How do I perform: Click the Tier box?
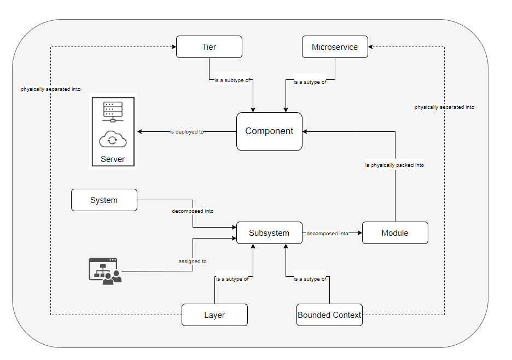tap(209, 47)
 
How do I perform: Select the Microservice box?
tap(335, 47)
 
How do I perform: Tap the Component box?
tap(269, 131)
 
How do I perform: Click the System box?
tap(104, 200)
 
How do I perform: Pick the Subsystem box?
tap(269, 233)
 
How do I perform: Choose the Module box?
tap(395, 233)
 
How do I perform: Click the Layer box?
tap(214, 315)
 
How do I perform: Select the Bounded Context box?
tap(329, 315)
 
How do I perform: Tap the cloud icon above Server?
tap(113, 140)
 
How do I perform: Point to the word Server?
tap(113, 159)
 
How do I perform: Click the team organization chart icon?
tap(105, 270)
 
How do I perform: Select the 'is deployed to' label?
tap(187, 132)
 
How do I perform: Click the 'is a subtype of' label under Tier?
tap(232, 80)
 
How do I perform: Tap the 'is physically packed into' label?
tap(394, 165)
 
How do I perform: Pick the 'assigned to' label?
tap(193, 262)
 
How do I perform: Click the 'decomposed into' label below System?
tap(193, 211)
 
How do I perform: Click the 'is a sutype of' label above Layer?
tap(232, 279)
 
